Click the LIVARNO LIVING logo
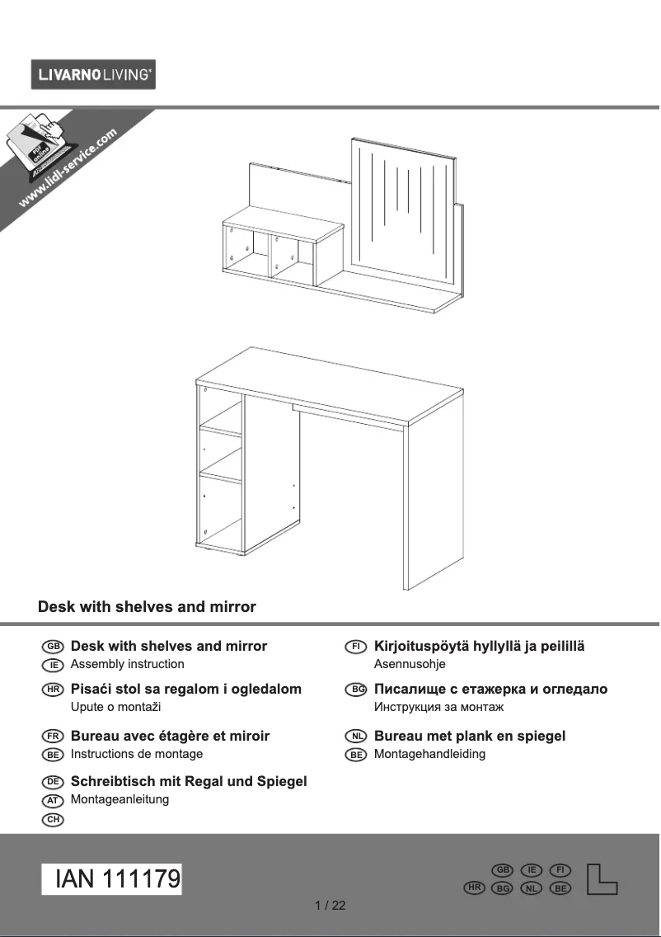pos(93,75)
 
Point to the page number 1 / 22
pos(330,906)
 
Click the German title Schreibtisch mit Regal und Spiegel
pos(189,781)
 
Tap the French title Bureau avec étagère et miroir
pos(170,736)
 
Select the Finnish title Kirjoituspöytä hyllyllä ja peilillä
pos(479,647)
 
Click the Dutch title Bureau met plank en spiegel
pos(470,736)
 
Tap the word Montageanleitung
pos(120,799)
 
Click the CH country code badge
pos(52,819)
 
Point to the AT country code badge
pos(52,800)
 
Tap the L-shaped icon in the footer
pos(601,879)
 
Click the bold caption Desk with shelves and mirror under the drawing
pos(147,607)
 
